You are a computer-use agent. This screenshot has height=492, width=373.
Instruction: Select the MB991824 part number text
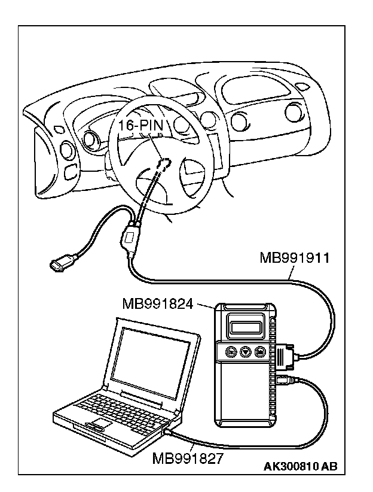pyautogui.click(x=158, y=305)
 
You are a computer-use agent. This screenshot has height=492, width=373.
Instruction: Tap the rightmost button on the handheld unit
pyautogui.click(x=260, y=352)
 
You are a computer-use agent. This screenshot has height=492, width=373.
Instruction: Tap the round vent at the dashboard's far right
pyautogui.click(x=294, y=113)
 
